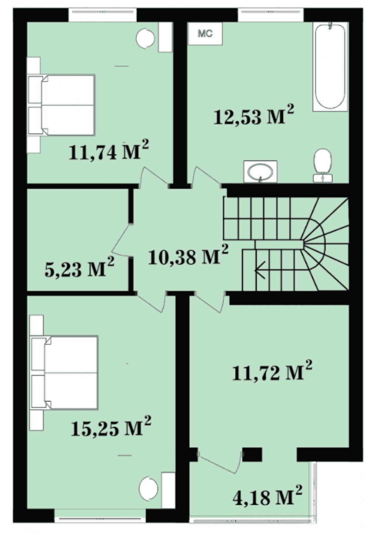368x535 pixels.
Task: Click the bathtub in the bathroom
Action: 330,67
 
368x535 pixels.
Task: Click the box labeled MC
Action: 206,34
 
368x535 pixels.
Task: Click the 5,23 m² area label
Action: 80,267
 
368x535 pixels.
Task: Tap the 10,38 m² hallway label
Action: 188,255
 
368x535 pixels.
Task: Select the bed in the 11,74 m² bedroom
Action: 61,105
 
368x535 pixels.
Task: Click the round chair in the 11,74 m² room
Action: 145,38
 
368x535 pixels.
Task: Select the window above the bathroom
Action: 271,11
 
